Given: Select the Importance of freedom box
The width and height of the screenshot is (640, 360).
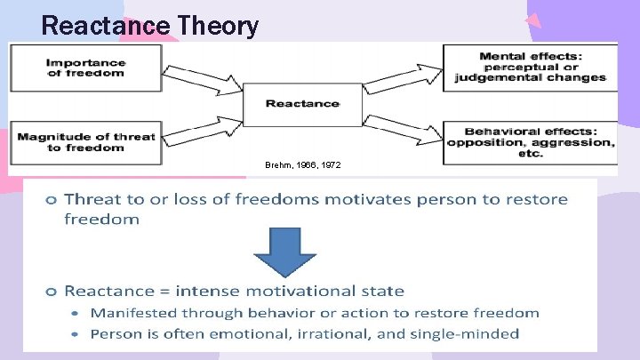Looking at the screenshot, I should click(x=86, y=68).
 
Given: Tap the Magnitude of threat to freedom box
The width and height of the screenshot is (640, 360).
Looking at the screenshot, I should click(x=86, y=142).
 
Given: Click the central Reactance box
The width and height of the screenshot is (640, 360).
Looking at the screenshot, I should click(x=302, y=104).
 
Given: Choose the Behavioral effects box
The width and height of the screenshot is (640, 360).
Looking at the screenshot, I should click(x=531, y=142).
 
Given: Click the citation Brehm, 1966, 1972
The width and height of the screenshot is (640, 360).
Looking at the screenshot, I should click(x=302, y=166).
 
